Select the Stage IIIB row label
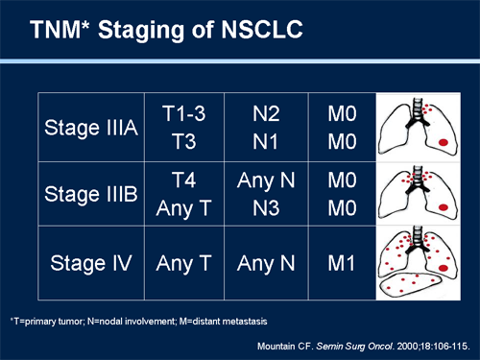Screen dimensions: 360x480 click(x=91, y=192)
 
